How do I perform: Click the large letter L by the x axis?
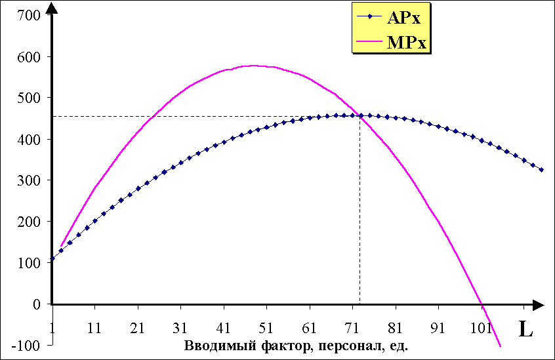pos(525,330)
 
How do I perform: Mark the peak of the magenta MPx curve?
pos(253,66)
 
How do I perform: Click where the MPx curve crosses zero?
pos(482,304)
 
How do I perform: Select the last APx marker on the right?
pos(541,170)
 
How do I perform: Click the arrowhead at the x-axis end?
pos(539,304)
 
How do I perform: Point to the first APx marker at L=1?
pos(52,259)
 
